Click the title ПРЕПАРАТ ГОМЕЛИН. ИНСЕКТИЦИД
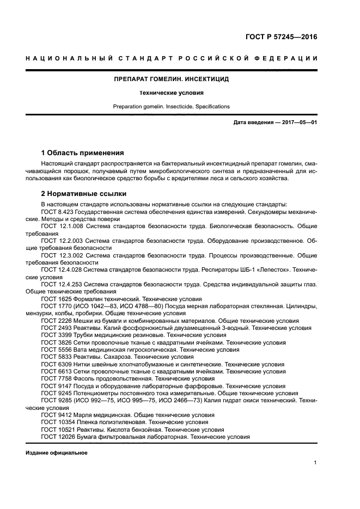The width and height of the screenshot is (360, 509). pyautogui.click(x=172, y=79)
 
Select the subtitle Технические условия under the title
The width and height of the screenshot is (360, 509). pyautogui.click(x=172, y=93)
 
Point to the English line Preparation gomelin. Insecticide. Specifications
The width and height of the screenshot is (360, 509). pyautogui.click(x=172, y=106)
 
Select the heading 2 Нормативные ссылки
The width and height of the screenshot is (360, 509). pyautogui.click(x=84, y=193)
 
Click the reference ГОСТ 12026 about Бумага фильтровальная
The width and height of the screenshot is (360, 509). pyautogui.click(x=145, y=437)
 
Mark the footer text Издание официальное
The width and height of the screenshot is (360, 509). pyautogui.click(x=57, y=453)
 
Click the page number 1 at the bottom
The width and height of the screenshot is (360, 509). pyautogui.click(x=315, y=463)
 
